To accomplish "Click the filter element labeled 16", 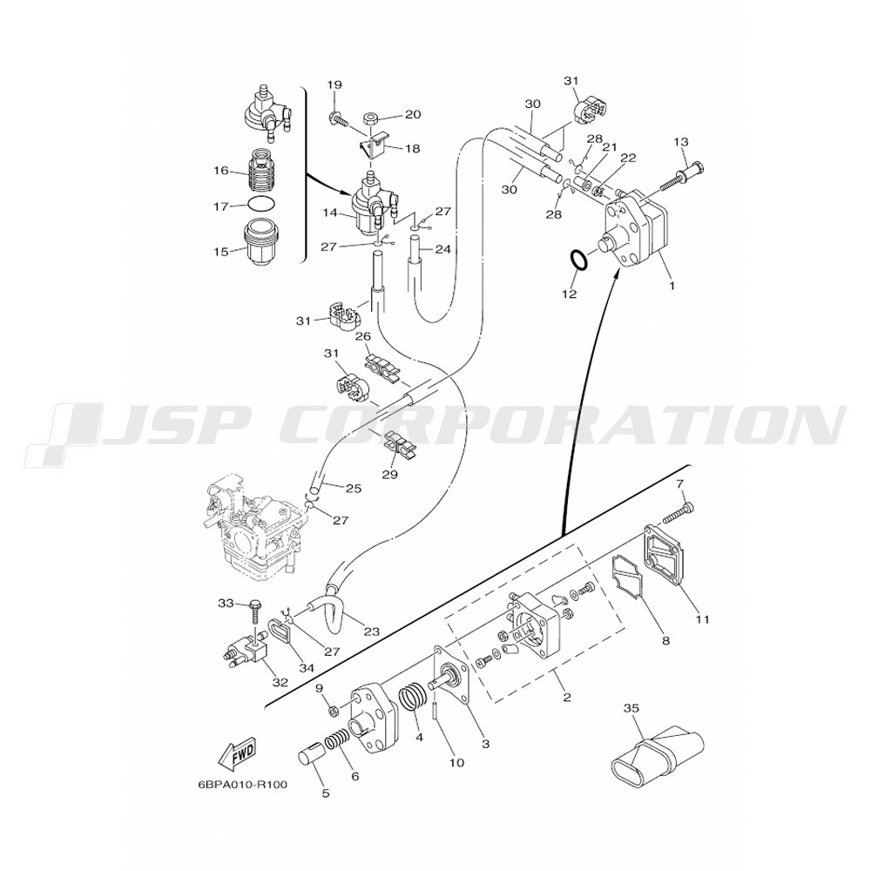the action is (262, 169).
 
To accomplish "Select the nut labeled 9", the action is (335, 709).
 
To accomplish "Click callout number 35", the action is (631, 708).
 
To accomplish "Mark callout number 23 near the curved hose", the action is (371, 631).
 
